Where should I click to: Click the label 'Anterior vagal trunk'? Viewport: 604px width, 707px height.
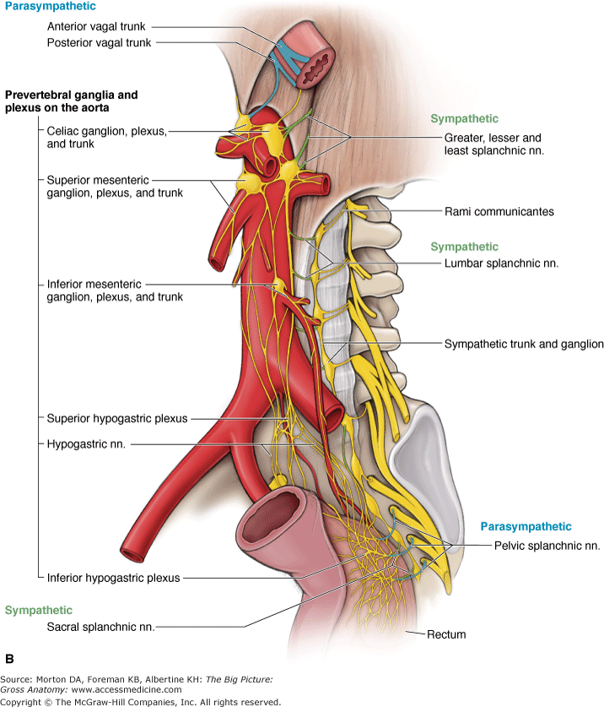point(96,27)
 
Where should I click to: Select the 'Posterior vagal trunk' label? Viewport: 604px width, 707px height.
point(99,43)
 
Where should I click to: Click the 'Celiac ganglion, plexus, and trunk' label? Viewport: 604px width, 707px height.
point(94,138)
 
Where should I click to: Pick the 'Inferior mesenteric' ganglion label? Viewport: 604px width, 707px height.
point(94,291)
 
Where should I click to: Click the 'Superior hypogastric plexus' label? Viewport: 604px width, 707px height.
point(117,418)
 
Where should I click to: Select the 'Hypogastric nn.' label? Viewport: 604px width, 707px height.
point(86,443)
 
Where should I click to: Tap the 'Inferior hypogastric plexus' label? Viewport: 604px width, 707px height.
point(114,578)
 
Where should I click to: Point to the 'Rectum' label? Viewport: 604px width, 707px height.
point(446,634)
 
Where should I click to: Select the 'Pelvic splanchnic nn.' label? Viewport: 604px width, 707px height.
point(547,546)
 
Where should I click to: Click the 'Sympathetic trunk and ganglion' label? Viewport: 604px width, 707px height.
point(524,344)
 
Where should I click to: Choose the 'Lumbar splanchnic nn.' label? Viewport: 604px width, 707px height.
point(501,264)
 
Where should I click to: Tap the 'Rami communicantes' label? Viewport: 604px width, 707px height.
point(499,211)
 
